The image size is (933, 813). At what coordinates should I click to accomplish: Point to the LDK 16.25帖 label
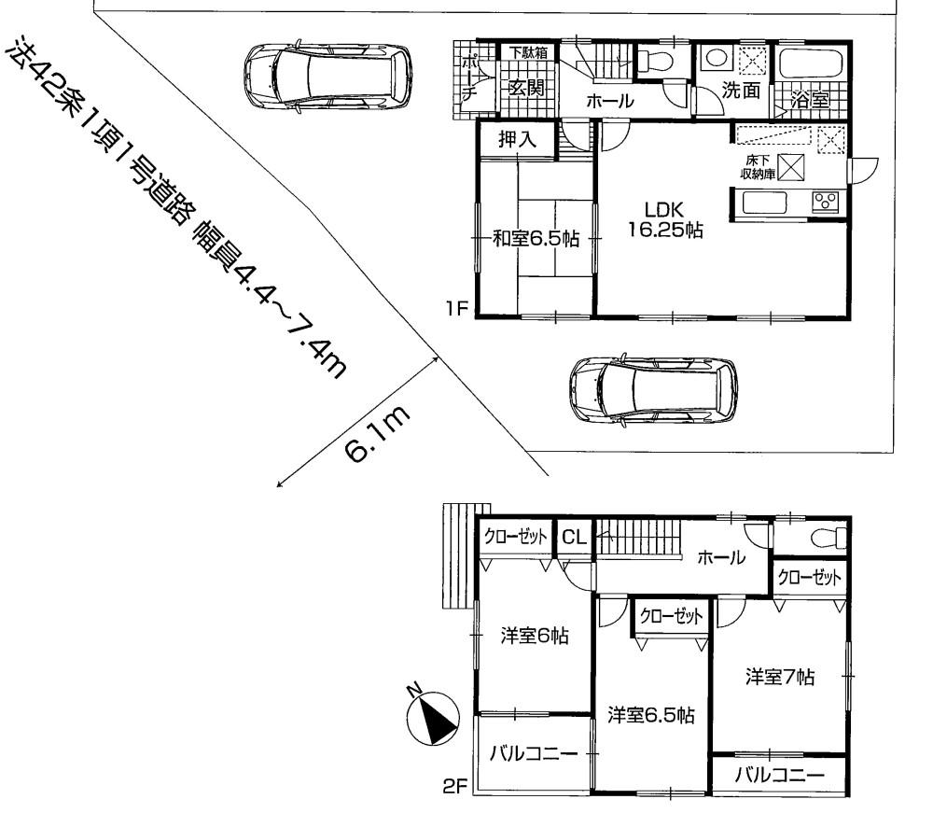(x=664, y=221)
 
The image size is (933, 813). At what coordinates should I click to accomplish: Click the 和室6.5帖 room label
(x=536, y=239)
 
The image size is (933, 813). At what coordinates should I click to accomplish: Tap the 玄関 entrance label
(x=526, y=88)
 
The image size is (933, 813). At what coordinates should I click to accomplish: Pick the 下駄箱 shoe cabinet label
(x=527, y=53)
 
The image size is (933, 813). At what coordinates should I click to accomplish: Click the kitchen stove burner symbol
(x=825, y=201)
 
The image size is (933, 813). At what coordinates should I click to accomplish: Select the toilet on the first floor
(x=656, y=62)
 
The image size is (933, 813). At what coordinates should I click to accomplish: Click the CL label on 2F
(x=574, y=538)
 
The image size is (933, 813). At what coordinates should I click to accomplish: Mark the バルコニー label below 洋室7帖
(x=778, y=774)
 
